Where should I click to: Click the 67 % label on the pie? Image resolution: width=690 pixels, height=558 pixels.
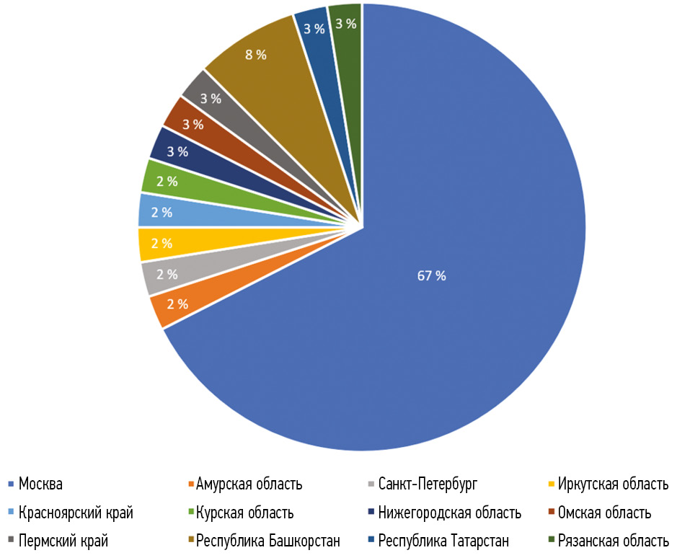432,275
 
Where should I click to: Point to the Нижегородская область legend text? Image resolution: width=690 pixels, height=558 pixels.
449,513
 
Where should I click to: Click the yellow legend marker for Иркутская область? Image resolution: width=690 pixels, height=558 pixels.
552,484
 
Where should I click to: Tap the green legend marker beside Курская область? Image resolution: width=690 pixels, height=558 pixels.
191,513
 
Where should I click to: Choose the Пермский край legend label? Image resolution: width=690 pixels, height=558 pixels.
59,541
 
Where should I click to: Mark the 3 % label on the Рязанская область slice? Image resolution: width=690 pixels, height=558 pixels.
346,24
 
